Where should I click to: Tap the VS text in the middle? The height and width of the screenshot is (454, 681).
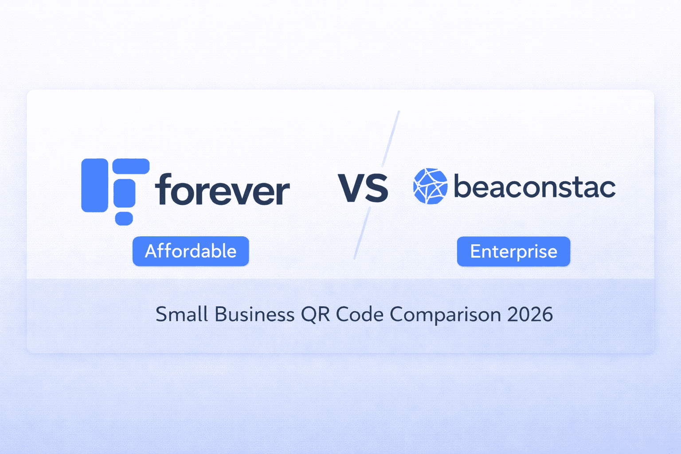pos(363,188)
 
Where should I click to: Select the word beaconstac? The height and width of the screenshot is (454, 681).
pos(535,187)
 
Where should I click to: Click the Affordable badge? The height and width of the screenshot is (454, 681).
pos(191,251)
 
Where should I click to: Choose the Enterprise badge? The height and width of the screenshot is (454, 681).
pos(513,251)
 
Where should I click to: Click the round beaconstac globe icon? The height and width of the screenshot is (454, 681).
pos(430,186)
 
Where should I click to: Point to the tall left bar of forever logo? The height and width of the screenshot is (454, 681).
pos(94,185)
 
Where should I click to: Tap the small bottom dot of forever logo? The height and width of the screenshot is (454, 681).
pos(124,219)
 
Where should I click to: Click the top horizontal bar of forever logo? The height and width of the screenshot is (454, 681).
pos(131,166)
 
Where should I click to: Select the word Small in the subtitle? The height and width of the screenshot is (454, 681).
pos(182,314)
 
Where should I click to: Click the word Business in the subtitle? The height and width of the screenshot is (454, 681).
pos(254,314)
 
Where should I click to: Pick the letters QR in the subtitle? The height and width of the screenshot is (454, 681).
pos(315,314)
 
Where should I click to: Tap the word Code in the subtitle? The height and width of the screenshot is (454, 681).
pos(360,314)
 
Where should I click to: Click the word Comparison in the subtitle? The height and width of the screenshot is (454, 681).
pos(445,314)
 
